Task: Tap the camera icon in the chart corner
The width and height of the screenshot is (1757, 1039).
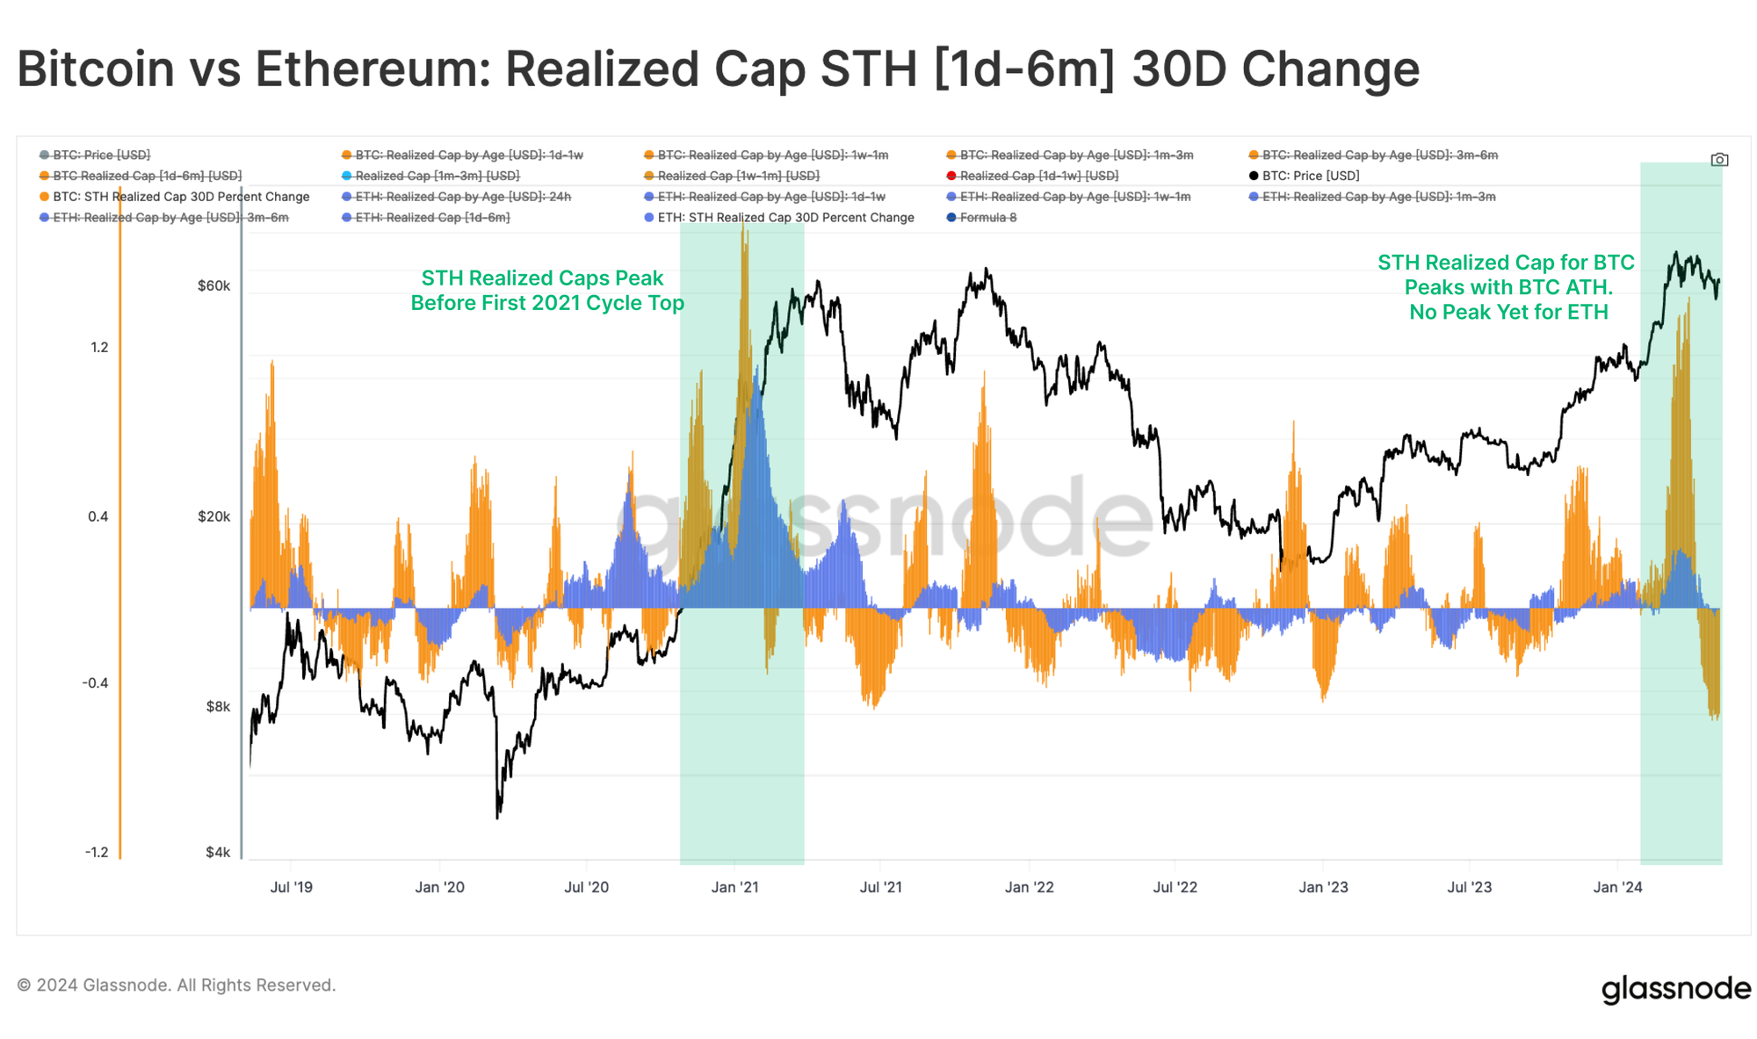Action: click(x=1719, y=160)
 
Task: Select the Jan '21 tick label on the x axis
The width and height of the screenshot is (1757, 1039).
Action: click(x=734, y=887)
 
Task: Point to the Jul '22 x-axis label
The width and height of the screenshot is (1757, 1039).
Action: click(x=1175, y=887)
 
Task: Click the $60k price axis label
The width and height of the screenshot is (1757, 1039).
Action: click(x=213, y=285)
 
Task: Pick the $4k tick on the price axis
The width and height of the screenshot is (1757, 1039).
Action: click(x=218, y=852)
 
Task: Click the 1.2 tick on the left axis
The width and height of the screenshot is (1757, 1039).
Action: click(x=99, y=347)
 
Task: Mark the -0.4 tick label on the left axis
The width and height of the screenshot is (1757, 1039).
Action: click(x=95, y=682)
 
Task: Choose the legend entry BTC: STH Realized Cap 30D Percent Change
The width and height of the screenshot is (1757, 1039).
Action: click(x=180, y=197)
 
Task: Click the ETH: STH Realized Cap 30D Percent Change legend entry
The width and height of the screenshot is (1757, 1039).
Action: click(x=785, y=218)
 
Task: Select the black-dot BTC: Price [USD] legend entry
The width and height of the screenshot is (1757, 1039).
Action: click(x=1310, y=176)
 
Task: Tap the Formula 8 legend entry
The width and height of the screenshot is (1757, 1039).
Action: click(x=987, y=218)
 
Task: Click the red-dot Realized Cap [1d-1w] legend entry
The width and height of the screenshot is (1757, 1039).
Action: click(x=1038, y=176)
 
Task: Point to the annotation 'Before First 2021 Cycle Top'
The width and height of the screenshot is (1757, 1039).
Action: click(x=547, y=303)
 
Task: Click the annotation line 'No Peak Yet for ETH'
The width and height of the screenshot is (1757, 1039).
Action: click(x=1508, y=312)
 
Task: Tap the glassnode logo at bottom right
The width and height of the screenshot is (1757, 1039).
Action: click(x=1675, y=988)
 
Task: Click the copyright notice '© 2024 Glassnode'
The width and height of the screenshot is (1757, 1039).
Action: click(x=177, y=985)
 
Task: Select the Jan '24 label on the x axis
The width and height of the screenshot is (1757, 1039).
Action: click(x=1617, y=887)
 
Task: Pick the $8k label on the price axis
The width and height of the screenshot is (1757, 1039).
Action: click(x=218, y=706)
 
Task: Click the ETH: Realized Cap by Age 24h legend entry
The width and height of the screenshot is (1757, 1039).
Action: click(x=462, y=197)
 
